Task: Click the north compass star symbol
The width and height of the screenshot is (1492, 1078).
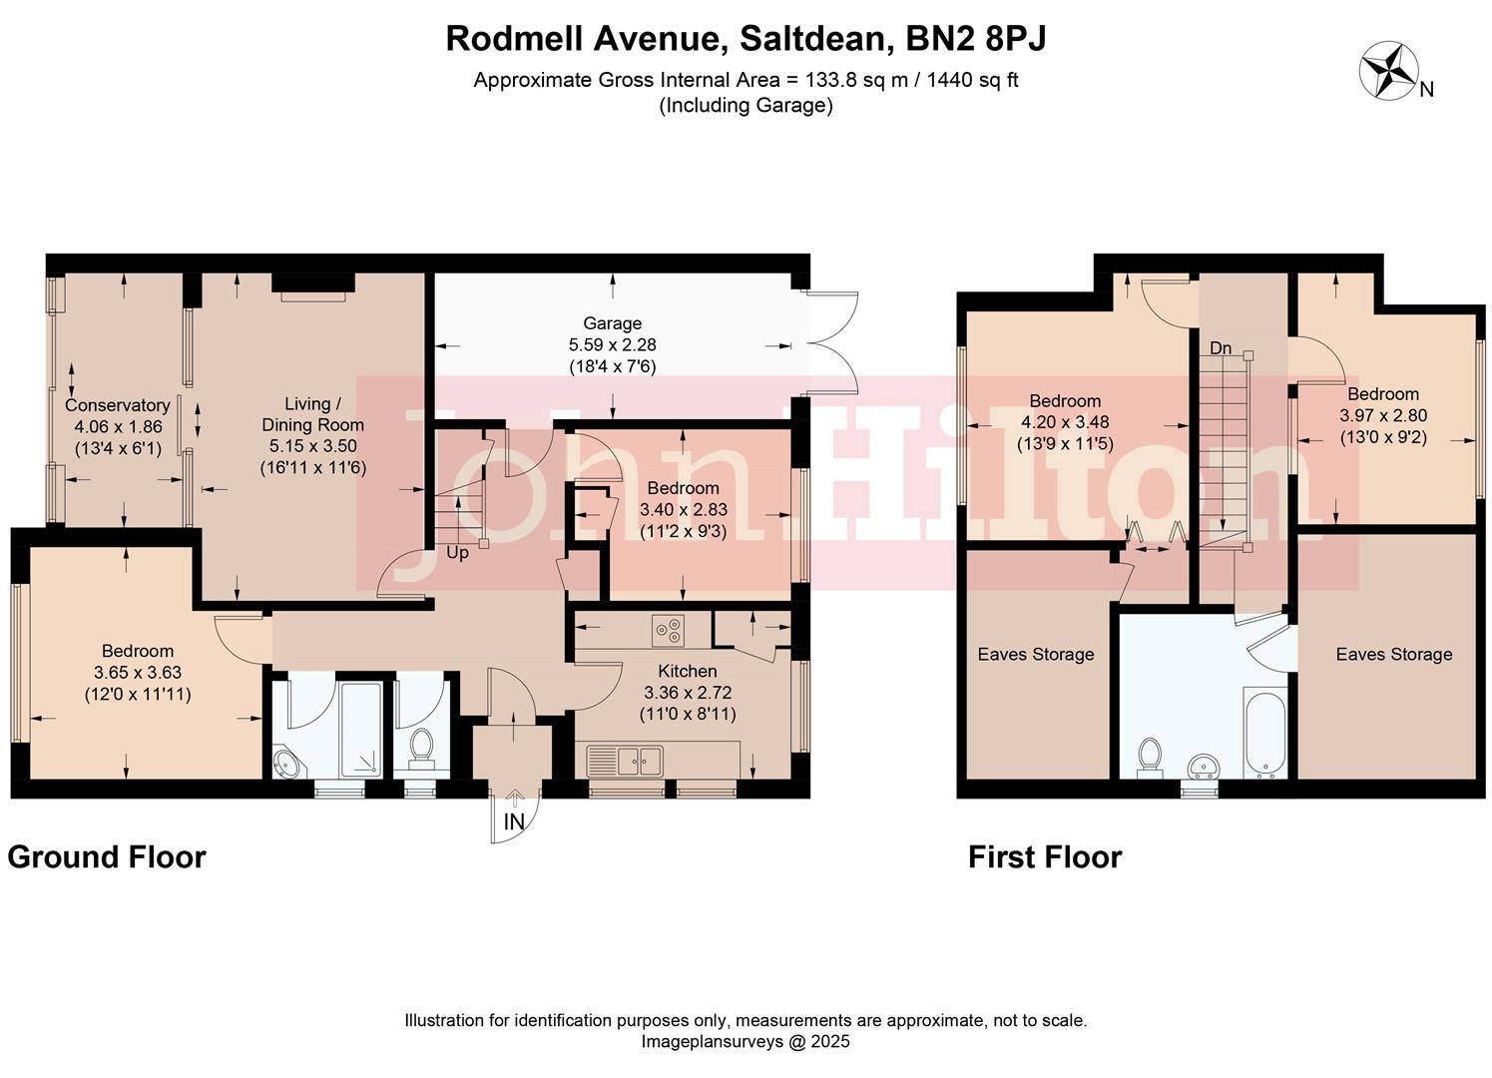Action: pyautogui.click(x=1389, y=72)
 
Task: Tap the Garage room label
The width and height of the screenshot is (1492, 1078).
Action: pyautogui.click(x=612, y=323)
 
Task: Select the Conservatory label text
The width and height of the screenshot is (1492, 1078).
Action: pyautogui.click(x=117, y=405)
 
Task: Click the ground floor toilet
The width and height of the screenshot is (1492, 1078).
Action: pyautogui.click(x=421, y=747)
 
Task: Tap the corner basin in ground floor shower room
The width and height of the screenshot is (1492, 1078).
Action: pyautogui.click(x=287, y=765)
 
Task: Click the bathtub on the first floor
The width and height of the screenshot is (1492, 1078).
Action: pyautogui.click(x=1263, y=732)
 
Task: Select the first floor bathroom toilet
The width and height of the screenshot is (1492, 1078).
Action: pyautogui.click(x=1150, y=756)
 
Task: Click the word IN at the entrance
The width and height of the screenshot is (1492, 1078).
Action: pyautogui.click(x=514, y=822)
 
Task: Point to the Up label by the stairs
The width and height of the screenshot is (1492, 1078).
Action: pyautogui.click(x=457, y=553)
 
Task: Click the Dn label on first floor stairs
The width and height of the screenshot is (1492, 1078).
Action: pyautogui.click(x=1221, y=348)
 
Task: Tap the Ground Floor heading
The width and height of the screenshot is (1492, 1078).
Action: pyautogui.click(x=107, y=857)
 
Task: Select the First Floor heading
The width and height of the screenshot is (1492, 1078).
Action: pyautogui.click(x=1045, y=857)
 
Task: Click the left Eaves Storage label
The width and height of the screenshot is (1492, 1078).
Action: pyautogui.click(x=1035, y=655)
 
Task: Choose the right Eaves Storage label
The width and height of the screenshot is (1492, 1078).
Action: pyautogui.click(x=1393, y=655)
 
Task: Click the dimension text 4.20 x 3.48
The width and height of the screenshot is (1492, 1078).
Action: pyautogui.click(x=1064, y=422)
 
